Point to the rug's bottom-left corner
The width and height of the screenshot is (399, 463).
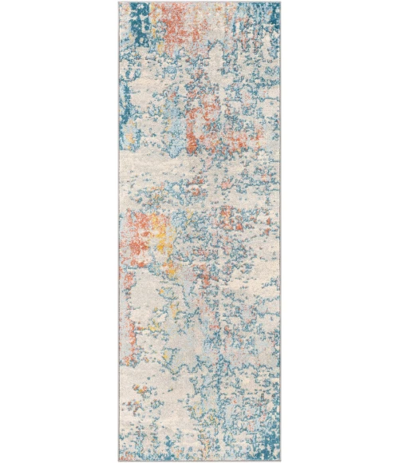[119, 461]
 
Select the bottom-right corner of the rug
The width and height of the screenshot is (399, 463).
[280, 461]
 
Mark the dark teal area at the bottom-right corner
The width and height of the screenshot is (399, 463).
[267, 443]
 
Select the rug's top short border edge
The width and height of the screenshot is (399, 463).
[199, 2]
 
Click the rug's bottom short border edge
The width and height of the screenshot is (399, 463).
[199, 460]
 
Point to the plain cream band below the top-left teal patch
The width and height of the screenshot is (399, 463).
[140, 56]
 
